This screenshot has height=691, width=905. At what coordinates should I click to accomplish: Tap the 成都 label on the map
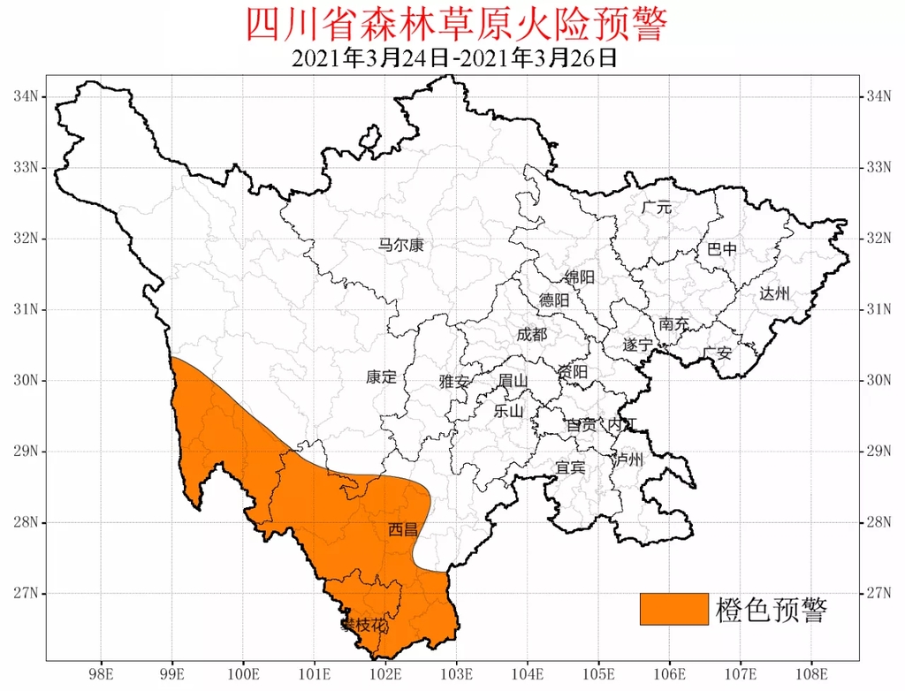(532, 335)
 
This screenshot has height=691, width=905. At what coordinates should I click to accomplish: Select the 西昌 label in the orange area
(402, 530)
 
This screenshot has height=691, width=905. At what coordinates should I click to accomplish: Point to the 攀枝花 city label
(364, 626)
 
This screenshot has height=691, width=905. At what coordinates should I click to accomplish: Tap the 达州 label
(774, 294)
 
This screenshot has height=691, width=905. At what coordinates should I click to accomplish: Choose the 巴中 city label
(722, 249)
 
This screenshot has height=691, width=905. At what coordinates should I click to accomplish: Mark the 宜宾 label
(570, 467)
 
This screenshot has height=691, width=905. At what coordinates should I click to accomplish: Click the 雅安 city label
(454, 382)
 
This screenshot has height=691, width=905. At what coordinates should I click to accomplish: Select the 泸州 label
(629, 459)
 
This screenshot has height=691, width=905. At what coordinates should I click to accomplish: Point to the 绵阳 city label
(580, 277)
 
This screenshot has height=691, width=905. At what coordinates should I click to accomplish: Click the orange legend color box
(674, 609)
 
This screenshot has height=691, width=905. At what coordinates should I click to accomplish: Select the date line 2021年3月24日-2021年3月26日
(453, 59)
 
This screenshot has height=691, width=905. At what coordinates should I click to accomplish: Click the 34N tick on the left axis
(26, 96)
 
